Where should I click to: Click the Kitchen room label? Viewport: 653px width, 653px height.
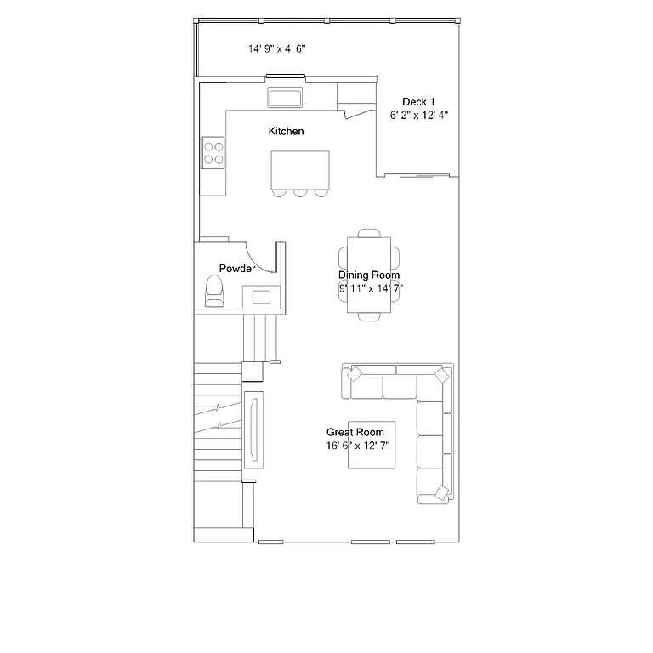click(286, 132)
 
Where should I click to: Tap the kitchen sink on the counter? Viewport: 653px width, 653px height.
click(286, 97)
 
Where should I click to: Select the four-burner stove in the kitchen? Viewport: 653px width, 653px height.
click(213, 152)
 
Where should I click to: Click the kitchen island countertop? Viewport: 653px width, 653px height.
click(299, 170)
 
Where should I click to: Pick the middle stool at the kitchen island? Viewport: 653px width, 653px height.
click(300, 192)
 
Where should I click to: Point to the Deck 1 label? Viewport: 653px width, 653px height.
click(418, 102)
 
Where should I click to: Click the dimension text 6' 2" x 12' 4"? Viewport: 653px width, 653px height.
click(418, 116)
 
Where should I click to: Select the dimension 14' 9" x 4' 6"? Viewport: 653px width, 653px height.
click(277, 49)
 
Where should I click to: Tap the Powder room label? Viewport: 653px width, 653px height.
click(237, 269)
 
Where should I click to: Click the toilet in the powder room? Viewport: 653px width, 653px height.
click(214, 292)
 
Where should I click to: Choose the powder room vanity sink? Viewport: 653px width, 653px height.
click(260, 297)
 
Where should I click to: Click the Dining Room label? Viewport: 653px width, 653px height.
click(369, 275)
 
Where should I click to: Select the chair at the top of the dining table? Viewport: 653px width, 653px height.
click(370, 233)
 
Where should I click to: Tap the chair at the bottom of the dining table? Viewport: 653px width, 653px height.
click(370, 316)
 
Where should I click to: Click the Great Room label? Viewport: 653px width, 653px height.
click(355, 432)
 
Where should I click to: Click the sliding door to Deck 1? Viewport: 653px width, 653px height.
click(417, 176)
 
